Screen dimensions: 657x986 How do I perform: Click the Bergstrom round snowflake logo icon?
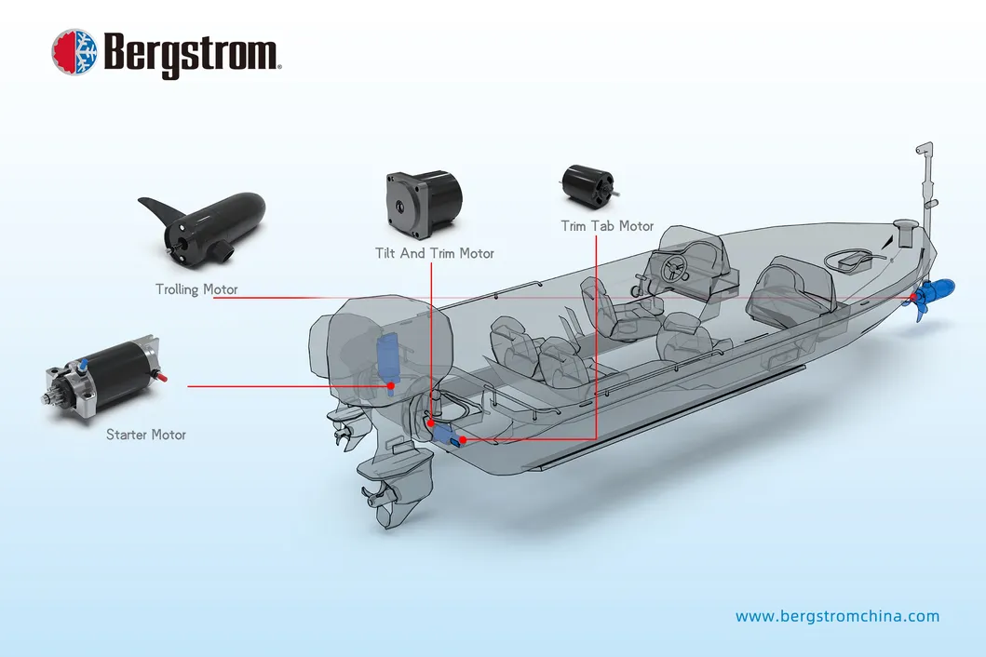[75, 51]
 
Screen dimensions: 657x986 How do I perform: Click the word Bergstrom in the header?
[192, 53]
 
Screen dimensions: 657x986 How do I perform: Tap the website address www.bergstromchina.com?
[837, 616]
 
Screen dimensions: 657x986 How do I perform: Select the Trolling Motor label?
[196, 289]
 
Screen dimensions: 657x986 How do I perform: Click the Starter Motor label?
[146, 435]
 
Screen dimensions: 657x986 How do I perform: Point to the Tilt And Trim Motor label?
[435, 253]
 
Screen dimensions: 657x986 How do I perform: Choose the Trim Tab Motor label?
[607, 226]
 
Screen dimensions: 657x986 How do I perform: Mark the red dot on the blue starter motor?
[391, 385]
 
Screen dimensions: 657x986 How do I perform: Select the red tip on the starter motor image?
[167, 378]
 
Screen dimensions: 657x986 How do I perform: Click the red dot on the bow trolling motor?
[914, 298]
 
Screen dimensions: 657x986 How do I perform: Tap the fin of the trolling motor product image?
[157, 210]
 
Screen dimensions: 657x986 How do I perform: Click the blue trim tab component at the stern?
[451, 435]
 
